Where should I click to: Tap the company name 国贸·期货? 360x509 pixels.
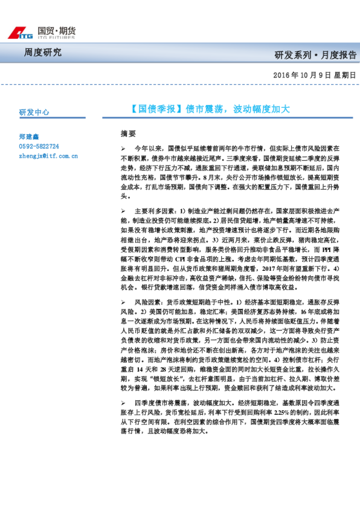tap(56, 30)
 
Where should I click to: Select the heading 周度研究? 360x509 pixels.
tap(43, 52)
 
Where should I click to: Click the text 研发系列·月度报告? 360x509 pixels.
tap(315, 55)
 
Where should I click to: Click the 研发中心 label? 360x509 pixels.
tap(34, 112)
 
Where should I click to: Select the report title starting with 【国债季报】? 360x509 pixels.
tap(210, 109)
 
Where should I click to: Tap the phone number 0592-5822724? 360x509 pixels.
tap(39, 146)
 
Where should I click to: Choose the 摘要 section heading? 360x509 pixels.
tap(128, 133)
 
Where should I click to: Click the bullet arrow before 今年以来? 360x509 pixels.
tap(123, 148)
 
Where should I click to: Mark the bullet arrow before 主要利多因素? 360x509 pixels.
tap(123, 211)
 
